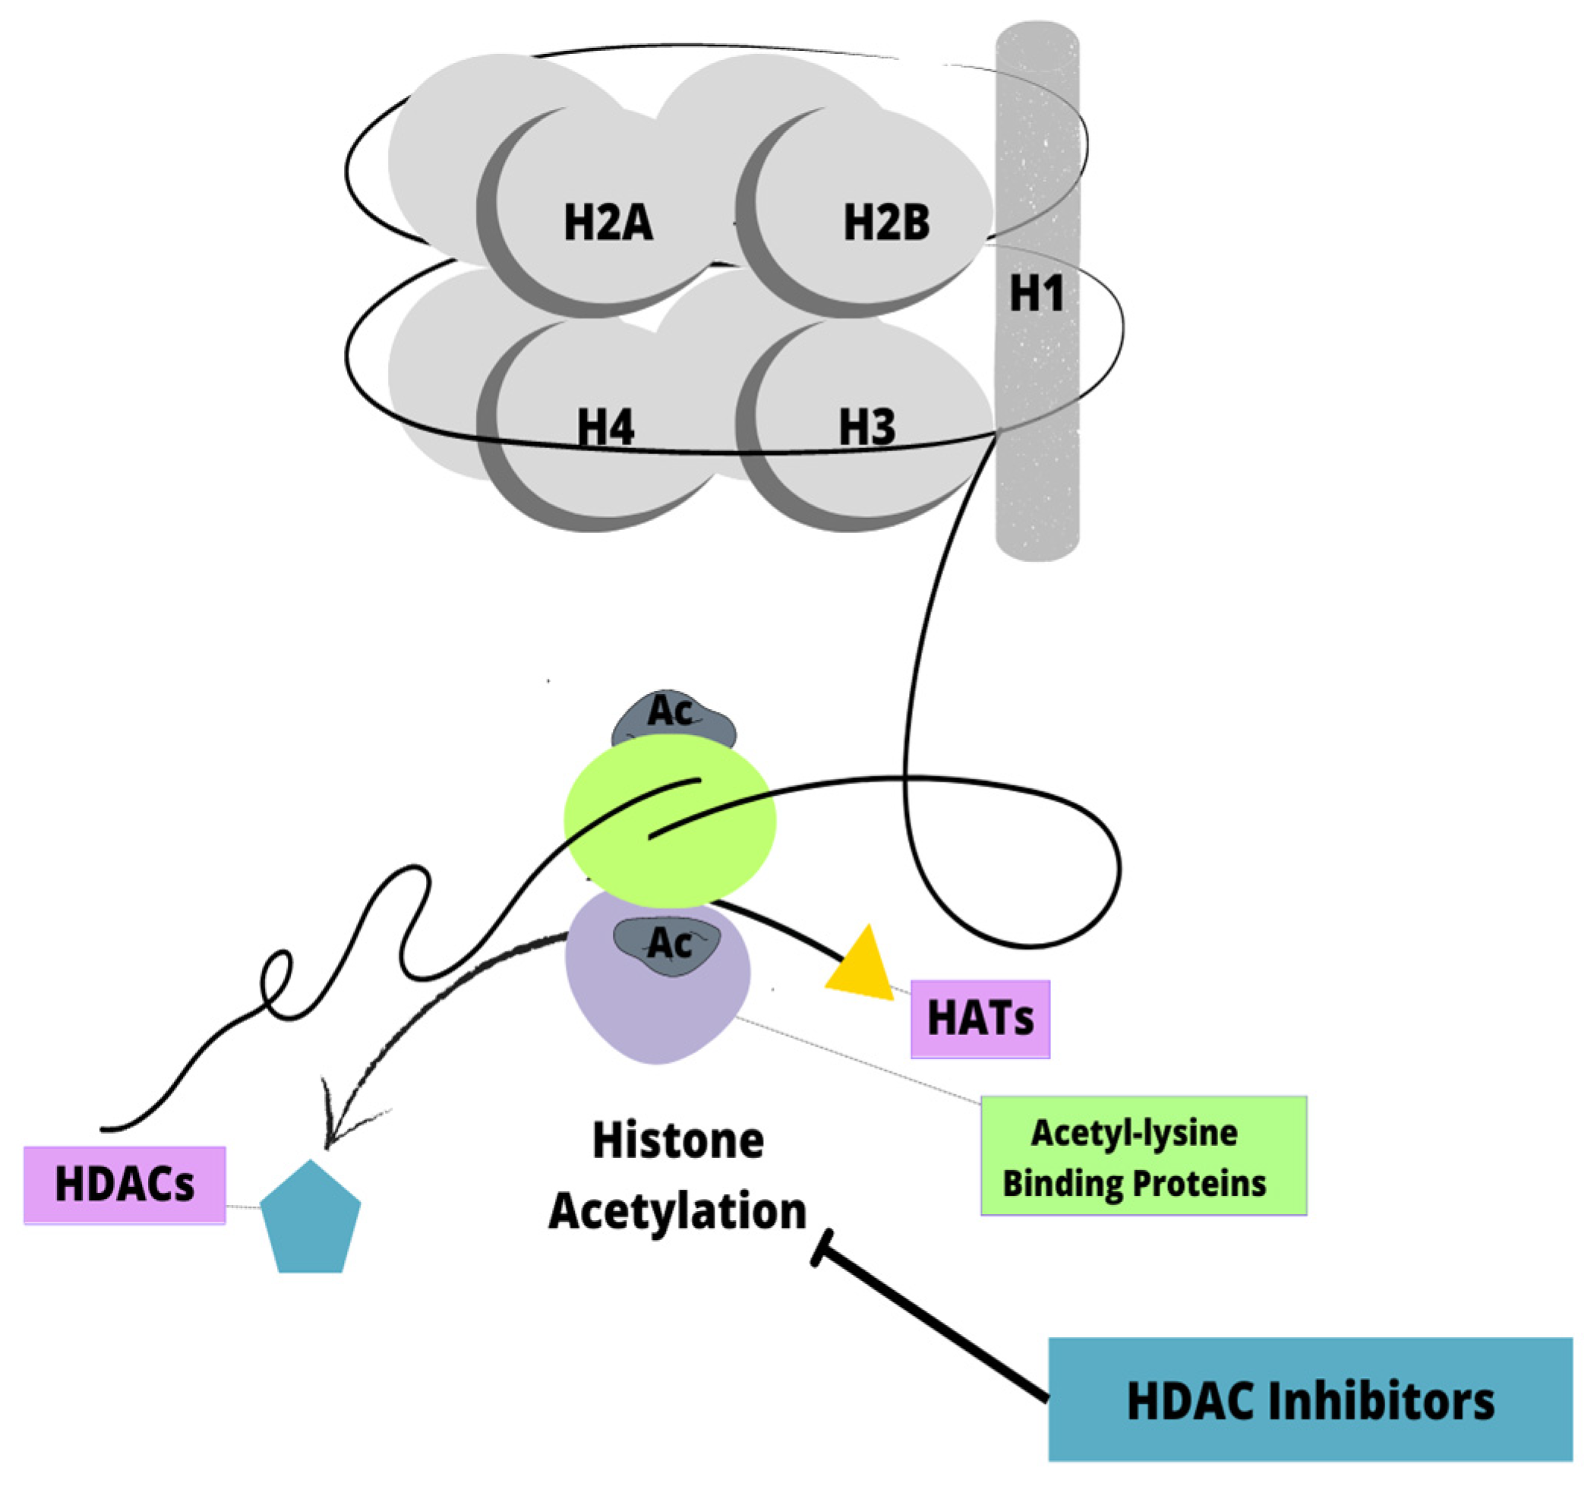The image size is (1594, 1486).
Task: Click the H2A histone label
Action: tap(608, 222)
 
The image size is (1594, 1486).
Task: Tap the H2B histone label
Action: tap(886, 222)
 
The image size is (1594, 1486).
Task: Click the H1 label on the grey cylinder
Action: tap(1037, 293)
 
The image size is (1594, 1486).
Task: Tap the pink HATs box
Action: tap(980, 1019)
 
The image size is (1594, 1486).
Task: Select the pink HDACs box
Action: tap(125, 1185)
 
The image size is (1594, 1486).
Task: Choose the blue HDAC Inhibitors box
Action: tap(1310, 1400)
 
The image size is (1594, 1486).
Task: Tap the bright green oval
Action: tap(671, 822)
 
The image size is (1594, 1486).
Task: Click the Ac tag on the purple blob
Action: tap(668, 944)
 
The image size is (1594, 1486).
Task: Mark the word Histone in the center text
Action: tap(677, 1141)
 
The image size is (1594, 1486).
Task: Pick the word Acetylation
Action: tap(677, 1210)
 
